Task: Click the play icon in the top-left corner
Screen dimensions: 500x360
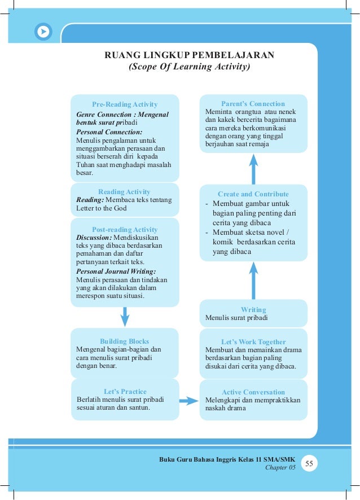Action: [43, 32]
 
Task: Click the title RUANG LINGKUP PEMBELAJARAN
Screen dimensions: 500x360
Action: [190, 55]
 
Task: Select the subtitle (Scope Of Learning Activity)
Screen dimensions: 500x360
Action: [190, 67]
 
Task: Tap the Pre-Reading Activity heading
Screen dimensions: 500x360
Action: [125, 104]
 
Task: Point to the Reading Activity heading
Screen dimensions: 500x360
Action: [124, 192]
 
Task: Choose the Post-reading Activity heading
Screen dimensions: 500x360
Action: [125, 230]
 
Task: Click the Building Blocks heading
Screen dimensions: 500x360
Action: [125, 341]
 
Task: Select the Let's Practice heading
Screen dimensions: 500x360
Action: [125, 392]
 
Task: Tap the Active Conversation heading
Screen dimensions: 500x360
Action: [253, 392]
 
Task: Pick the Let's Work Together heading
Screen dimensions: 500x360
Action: [253, 342]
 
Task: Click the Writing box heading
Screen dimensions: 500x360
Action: [253, 310]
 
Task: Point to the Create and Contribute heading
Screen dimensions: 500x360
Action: [253, 194]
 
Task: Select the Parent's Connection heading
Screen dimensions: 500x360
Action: [253, 104]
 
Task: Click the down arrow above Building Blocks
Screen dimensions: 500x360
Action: [125, 316]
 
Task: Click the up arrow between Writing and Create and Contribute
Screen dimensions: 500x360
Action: [253, 279]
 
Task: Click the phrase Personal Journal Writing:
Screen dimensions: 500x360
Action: [116, 271]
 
